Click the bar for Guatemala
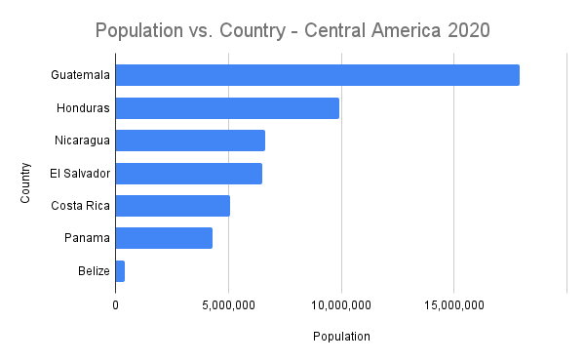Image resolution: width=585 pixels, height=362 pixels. (x=317, y=75)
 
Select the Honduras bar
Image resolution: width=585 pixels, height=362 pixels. (x=227, y=107)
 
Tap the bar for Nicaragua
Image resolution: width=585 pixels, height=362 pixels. (x=190, y=141)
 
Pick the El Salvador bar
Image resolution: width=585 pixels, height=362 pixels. (x=188, y=173)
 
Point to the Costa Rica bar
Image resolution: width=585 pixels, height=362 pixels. (x=173, y=206)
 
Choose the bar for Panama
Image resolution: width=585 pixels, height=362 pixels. (x=164, y=238)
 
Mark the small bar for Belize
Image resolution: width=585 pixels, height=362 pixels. (x=120, y=270)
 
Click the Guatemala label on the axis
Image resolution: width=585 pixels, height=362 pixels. (x=81, y=75)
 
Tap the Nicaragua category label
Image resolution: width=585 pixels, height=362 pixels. (x=82, y=141)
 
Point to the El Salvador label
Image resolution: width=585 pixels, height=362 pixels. (x=80, y=173)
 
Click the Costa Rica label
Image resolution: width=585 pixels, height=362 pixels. (x=80, y=206)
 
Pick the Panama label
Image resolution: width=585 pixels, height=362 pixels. (x=88, y=238)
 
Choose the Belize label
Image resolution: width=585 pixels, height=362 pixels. (x=94, y=270)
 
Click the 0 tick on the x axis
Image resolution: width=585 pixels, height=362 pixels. (x=115, y=305)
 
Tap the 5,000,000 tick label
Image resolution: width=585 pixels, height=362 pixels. (x=228, y=305)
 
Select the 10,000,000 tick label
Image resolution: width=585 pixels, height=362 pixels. (x=341, y=305)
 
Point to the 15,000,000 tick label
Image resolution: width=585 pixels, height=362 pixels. (x=454, y=305)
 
